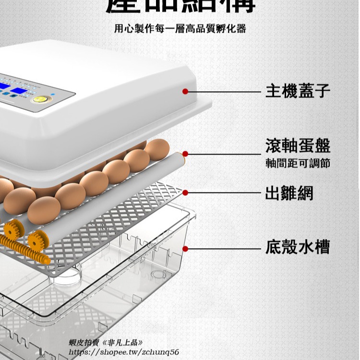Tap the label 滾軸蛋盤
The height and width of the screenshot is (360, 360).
tap(298, 145)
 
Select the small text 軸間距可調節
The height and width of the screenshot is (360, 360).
tap(298, 163)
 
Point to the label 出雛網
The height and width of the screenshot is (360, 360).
tap(289, 193)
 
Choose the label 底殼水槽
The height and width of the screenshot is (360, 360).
tap(298, 248)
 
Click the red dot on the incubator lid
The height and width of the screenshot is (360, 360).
tap(185, 91)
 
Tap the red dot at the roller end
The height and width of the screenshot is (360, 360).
tap(185, 154)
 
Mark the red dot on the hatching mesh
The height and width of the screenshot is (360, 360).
tap(185, 193)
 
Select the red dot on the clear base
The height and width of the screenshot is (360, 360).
tap(185, 248)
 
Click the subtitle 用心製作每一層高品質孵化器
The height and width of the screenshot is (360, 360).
tap(180, 29)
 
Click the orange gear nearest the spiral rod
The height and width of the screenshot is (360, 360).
tap(36, 240)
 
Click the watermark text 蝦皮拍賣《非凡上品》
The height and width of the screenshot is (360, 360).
tap(106, 343)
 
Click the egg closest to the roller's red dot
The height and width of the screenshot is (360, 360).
tap(157, 150)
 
